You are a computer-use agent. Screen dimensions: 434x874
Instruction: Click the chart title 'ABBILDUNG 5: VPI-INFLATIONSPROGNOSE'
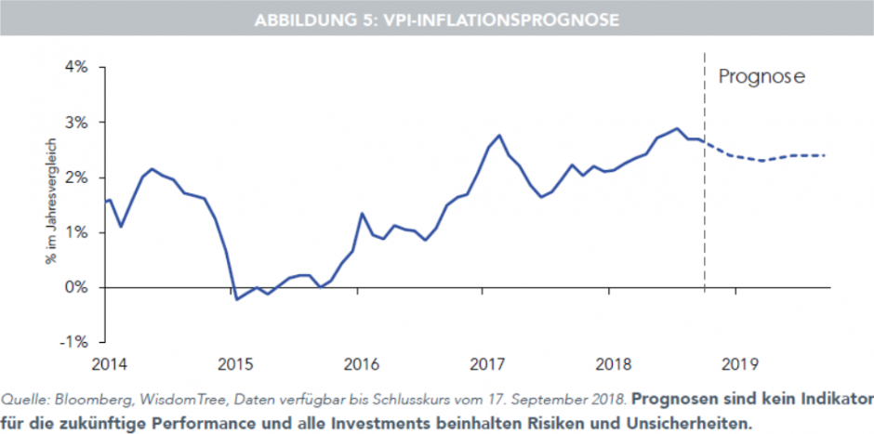pos(436,20)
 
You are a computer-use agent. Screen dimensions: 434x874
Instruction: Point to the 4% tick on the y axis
pos(76,67)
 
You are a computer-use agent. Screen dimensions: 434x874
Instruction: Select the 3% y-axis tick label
pos(76,122)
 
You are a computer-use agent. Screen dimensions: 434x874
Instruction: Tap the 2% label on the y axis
pos(76,177)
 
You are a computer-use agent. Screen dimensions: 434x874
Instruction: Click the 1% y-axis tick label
pos(76,232)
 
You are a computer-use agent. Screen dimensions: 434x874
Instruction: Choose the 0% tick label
pos(76,287)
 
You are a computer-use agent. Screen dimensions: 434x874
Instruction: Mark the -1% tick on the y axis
pos(74,342)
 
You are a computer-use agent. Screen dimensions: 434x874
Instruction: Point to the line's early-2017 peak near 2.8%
pos(499,136)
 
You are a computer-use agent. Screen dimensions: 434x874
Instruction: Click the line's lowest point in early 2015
pos(236,299)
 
